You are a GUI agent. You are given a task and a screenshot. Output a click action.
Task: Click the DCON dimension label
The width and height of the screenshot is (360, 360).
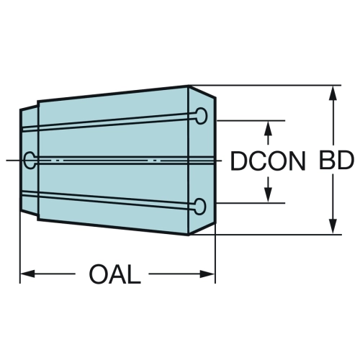(x=268, y=161)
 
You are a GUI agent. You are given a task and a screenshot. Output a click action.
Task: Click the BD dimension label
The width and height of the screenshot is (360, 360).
(x=336, y=161)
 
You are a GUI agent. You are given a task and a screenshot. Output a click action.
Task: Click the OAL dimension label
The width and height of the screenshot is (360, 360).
(x=114, y=274)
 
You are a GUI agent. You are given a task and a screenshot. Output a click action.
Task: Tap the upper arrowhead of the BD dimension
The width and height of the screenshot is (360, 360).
(x=333, y=93)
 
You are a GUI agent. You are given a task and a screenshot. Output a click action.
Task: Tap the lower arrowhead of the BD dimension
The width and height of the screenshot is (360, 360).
(x=333, y=227)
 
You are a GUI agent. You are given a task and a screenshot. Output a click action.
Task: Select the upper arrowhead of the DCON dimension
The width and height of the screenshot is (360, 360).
(x=268, y=128)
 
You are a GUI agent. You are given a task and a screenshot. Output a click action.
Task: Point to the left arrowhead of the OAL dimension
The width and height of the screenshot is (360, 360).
(x=27, y=274)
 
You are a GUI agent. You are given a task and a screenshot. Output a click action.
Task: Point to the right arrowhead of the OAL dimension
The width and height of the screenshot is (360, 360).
(x=207, y=274)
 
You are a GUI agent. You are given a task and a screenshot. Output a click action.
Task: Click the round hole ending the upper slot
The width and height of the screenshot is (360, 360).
(x=201, y=116)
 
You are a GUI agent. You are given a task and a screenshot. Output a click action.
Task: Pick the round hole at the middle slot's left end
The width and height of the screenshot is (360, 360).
(x=30, y=160)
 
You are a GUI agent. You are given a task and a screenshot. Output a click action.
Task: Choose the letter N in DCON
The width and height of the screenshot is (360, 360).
(x=297, y=161)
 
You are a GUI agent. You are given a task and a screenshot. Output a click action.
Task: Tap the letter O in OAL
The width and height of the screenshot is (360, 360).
(x=99, y=274)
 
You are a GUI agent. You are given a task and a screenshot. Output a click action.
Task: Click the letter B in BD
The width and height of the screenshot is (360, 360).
(x=327, y=161)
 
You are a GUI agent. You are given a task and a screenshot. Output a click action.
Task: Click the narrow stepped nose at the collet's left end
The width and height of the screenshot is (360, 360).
(x=29, y=161)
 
